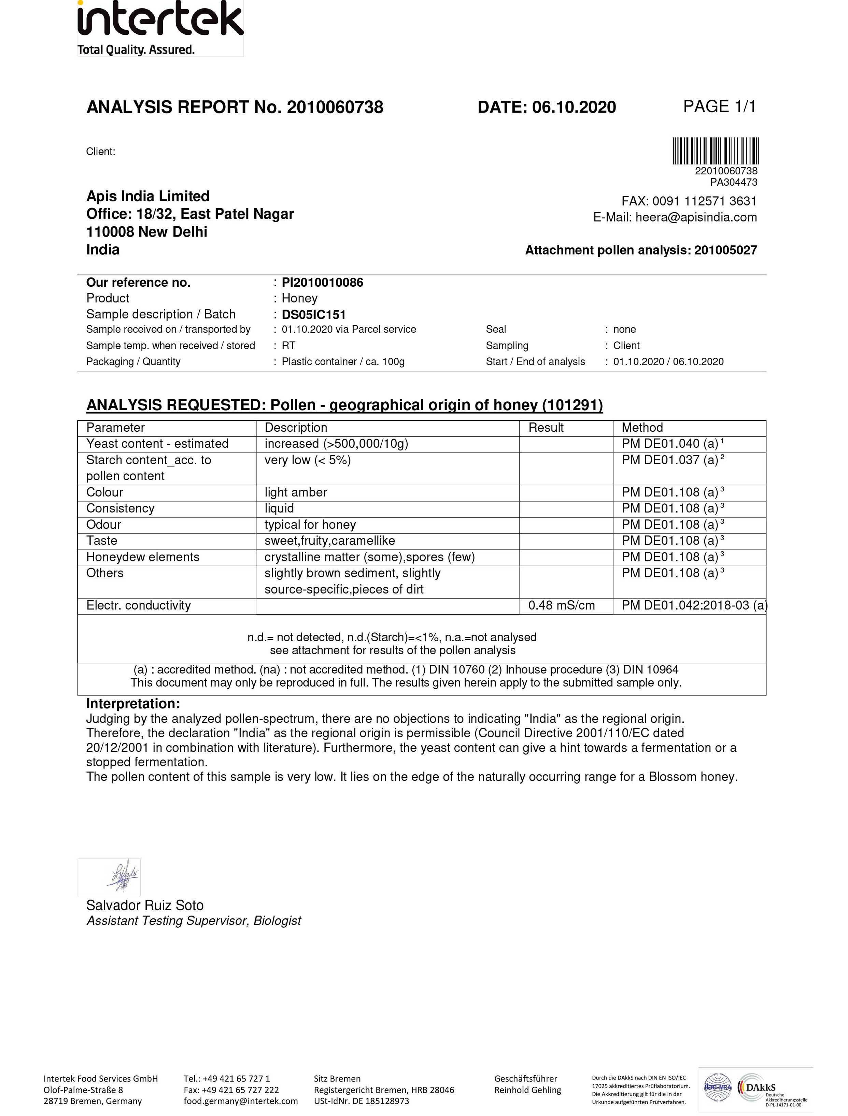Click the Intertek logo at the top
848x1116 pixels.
(160, 28)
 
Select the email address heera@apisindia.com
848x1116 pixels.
(696, 217)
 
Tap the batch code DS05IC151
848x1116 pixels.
(313, 315)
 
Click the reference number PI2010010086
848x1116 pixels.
(322, 283)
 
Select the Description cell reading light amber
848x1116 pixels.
(296, 492)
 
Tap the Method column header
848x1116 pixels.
(642, 428)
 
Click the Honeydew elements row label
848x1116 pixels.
(143, 557)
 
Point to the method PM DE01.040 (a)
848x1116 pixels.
(670, 444)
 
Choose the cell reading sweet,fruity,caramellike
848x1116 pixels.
(330, 541)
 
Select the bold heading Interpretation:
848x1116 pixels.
(133, 704)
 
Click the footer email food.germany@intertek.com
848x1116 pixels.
(240, 1101)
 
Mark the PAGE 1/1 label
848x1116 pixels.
(719, 106)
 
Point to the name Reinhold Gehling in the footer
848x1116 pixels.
(527, 1090)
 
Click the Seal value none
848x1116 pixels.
(624, 329)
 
